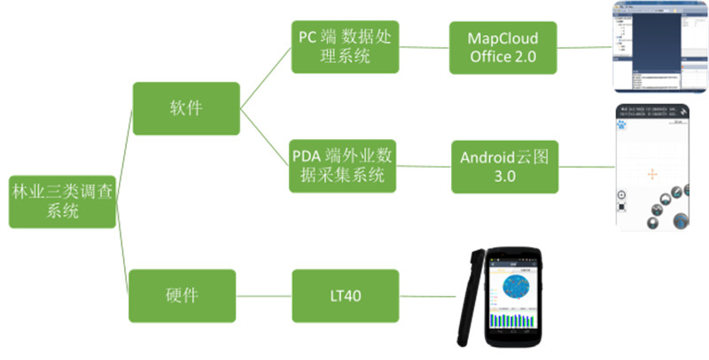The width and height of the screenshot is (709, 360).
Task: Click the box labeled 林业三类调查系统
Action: click(x=62, y=200)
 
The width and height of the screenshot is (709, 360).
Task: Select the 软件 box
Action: click(x=186, y=109)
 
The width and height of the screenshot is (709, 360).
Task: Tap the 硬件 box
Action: click(x=183, y=295)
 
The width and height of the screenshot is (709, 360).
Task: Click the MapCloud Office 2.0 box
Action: click(x=503, y=48)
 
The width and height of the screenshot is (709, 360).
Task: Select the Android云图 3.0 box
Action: click(x=504, y=167)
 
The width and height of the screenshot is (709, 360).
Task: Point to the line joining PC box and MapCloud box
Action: click(x=424, y=48)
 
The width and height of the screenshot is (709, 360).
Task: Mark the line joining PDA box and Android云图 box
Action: click(x=424, y=167)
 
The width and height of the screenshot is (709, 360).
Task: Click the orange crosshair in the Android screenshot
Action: click(x=652, y=174)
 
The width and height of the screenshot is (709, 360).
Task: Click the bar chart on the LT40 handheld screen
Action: click(x=515, y=319)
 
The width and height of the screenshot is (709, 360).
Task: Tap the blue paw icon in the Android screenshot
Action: click(x=623, y=125)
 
